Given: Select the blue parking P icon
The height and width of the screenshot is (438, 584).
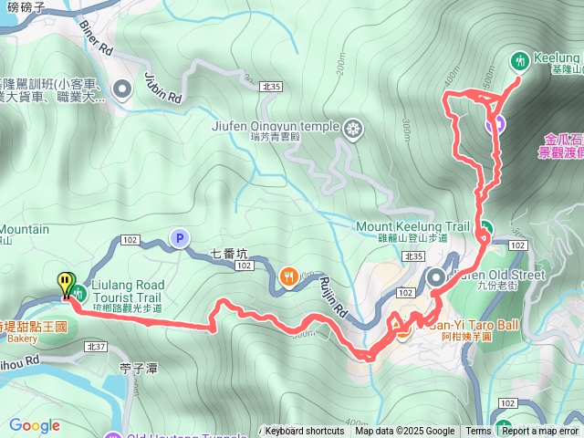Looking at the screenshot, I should (x=179, y=239).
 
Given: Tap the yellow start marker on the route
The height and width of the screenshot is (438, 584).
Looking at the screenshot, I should (x=65, y=284).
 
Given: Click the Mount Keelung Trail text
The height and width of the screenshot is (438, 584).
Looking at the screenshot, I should (x=412, y=225).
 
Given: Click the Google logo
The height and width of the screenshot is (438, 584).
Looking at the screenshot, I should (x=34, y=425).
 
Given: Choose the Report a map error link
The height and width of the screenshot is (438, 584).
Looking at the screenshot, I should (x=540, y=432).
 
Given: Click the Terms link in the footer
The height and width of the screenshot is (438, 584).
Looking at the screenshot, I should (x=478, y=432).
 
